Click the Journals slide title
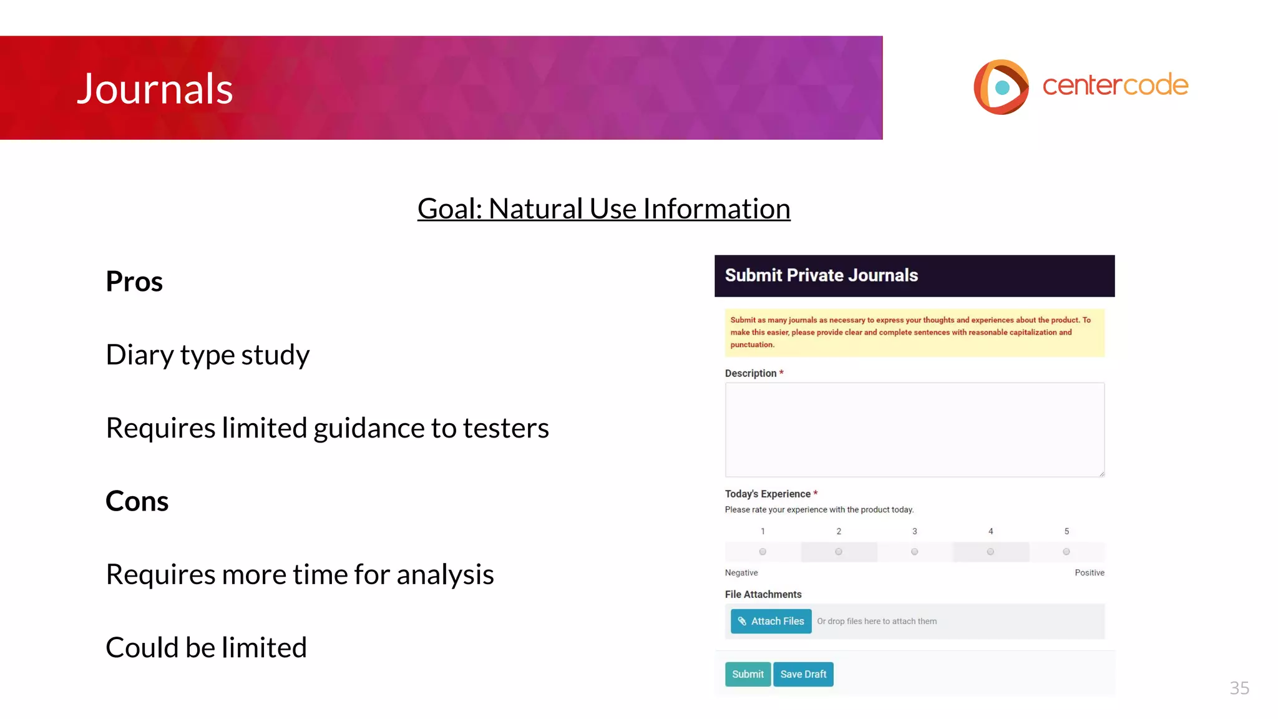coord(154,89)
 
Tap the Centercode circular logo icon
coord(1001,87)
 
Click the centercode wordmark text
coord(1115,85)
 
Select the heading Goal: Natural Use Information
coord(603,208)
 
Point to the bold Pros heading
coord(134,281)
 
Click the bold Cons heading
coord(137,501)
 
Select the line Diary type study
coord(207,355)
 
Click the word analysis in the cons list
coord(445,574)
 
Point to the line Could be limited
coord(206,647)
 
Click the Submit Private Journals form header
coord(914,275)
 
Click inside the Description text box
coord(914,429)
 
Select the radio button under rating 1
coord(763,552)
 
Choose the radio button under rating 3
coord(914,552)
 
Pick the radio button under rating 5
coord(1066,552)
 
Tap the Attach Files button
coord(771,621)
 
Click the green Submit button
coord(748,674)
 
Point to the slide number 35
coord(1239,688)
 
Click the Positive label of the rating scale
coord(1089,572)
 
